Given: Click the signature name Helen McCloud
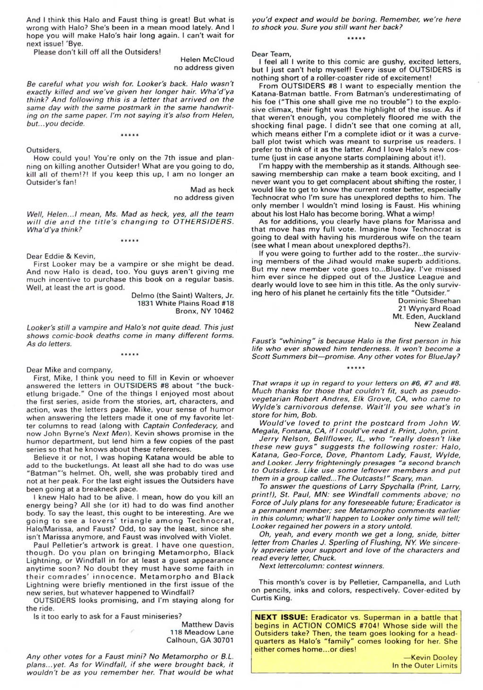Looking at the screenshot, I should (207, 60).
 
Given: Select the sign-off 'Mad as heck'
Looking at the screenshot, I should (212, 190).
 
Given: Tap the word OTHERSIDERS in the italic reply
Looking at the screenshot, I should (203, 222).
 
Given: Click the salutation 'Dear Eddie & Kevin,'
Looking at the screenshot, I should (61, 256).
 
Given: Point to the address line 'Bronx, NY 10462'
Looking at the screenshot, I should (204, 311).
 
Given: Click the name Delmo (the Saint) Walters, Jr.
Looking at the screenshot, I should (182, 295).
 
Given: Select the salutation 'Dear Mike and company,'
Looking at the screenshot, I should (69, 370).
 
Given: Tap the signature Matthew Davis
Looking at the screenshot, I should (207, 624).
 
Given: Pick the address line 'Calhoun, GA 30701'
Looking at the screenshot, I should (200, 640).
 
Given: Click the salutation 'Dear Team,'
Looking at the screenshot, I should (271, 54).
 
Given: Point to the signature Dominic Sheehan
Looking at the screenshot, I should (429, 301).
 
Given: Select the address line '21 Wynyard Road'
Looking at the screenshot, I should (429, 309).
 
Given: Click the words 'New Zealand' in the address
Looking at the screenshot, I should (437, 325).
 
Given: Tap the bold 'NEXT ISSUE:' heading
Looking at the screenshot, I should (281, 617).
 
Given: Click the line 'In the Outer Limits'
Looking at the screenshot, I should (425, 665).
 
